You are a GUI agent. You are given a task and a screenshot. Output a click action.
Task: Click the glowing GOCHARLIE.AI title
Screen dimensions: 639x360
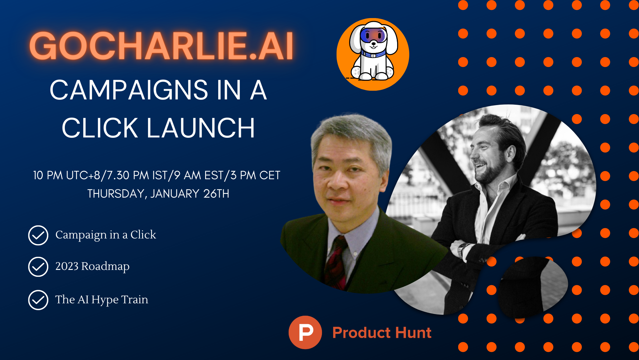[161, 46]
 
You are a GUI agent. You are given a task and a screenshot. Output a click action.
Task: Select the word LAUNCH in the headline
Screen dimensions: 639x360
[201, 128]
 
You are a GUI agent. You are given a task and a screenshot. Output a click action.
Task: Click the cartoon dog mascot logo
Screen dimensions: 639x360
[373, 54]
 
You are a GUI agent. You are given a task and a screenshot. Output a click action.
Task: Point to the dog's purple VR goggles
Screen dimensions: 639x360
[373, 35]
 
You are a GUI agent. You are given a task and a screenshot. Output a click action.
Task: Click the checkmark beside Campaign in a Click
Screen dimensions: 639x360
[38, 235]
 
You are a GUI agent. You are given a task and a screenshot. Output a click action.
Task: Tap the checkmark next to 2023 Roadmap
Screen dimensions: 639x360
[38, 267]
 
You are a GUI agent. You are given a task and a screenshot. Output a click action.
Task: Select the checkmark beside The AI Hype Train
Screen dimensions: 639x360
[38, 300]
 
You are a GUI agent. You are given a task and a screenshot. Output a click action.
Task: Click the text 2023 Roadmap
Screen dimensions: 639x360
[92, 266]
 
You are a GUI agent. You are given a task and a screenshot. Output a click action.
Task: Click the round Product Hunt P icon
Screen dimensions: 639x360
[305, 332]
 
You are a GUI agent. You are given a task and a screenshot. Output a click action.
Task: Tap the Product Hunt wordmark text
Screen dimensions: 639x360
[382, 333]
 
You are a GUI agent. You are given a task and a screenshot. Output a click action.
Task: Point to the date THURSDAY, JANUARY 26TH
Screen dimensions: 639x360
[158, 194]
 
